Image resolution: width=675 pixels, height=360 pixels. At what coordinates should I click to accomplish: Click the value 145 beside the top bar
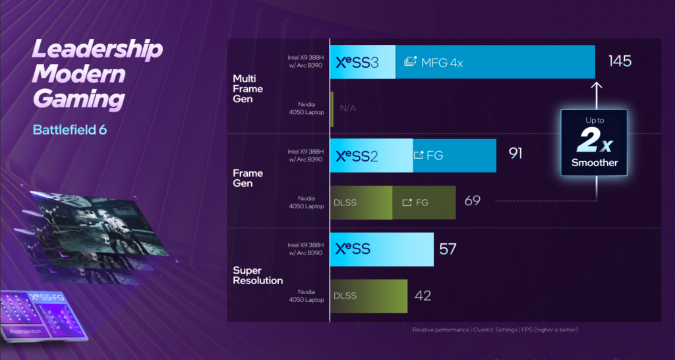click(x=620, y=61)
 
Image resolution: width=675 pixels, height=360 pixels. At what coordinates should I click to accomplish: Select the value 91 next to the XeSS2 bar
click(x=515, y=154)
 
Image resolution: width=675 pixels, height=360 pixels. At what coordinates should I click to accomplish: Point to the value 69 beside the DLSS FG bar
click(x=472, y=200)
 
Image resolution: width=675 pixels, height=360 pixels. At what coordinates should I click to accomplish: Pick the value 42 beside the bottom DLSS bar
click(x=423, y=295)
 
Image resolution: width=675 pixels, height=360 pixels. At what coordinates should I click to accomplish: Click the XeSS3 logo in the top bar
click(x=357, y=63)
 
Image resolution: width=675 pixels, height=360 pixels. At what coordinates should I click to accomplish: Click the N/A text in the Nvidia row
click(x=348, y=107)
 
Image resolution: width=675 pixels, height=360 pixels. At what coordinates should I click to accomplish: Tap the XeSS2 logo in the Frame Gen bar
click(x=357, y=156)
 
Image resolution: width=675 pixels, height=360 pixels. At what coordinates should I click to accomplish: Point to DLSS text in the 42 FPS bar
click(x=345, y=296)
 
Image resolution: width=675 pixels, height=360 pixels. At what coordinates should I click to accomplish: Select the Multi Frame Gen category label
click(x=248, y=88)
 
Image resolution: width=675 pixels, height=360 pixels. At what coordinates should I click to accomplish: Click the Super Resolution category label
click(x=258, y=276)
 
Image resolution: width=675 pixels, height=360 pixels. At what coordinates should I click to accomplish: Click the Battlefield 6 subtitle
click(x=70, y=129)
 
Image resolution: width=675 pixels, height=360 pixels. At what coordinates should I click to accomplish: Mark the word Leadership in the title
click(x=97, y=50)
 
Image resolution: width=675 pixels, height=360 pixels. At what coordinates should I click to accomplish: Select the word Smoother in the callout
click(x=594, y=162)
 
